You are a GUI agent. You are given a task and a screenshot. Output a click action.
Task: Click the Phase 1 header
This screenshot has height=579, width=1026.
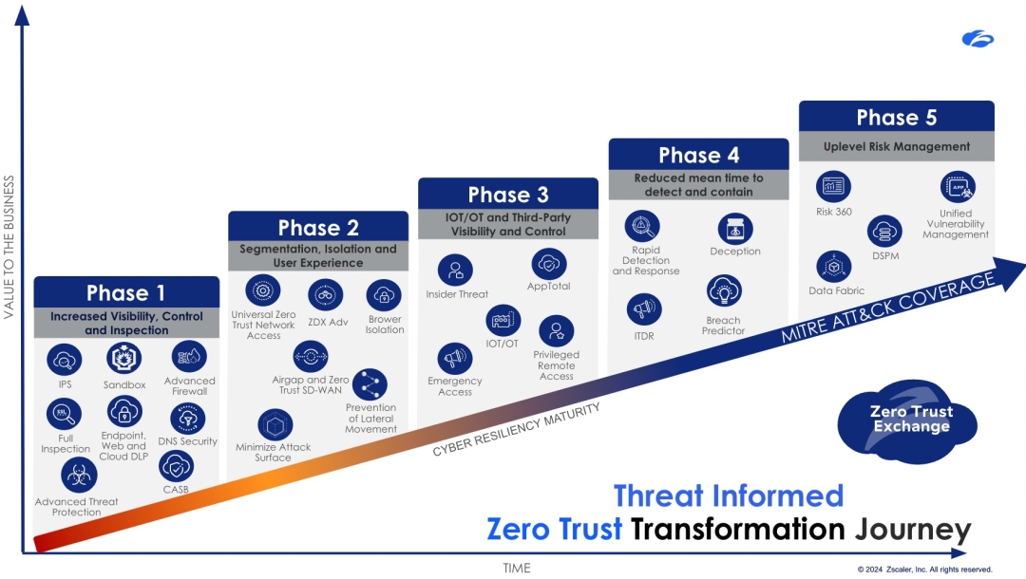pyautogui.click(x=126, y=292)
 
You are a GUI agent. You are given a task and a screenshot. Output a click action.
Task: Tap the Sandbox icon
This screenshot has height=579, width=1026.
pyautogui.click(x=123, y=358)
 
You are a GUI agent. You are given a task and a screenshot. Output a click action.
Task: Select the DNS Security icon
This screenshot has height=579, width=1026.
pyautogui.click(x=188, y=419)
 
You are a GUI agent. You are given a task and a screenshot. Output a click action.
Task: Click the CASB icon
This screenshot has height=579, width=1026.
pyautogui.click(x=176, y=467)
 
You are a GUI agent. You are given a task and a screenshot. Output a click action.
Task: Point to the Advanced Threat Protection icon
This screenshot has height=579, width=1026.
pyautogui.click(x=79, y=476)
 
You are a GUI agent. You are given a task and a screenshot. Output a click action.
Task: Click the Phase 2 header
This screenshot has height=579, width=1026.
pyautogui.click(x=318, y=227)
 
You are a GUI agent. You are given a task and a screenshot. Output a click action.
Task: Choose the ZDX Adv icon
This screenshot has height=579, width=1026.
pyautogui.click(x=325, y=296)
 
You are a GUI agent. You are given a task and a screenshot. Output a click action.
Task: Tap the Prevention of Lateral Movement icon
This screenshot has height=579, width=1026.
pyautogui.click(x=370, y=385)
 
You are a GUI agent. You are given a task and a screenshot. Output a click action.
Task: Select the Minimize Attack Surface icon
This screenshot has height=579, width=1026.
pyautogui.click(x=275, y=425)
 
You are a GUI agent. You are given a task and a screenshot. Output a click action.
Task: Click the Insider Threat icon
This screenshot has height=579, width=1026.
pyautogui.click(x=455, y=271)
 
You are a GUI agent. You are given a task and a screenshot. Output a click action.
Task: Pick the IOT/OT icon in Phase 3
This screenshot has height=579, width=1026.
pyautogui.click(x=503, y=321)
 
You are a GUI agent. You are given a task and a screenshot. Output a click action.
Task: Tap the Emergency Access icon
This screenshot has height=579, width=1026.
pyautogui.click(x=455, y=358)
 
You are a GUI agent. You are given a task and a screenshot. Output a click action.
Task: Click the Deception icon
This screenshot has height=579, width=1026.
pyautogui.click(x=735, y=230)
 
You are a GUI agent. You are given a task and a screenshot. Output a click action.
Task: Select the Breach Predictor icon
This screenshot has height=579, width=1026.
pyautogui.click(x=724, y=291)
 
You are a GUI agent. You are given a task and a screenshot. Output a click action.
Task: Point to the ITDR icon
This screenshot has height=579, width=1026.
pyautogui.click(x=644, y=309)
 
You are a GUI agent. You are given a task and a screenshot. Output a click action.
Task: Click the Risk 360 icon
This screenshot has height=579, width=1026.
pyautogui.click(x=833, y=186)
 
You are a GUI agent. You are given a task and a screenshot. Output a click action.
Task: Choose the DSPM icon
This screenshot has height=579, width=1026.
pyautogui.click(x=884, y=232)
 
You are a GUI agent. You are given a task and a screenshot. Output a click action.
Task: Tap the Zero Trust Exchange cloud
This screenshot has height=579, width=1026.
pyautogui.click(x=907, y=422)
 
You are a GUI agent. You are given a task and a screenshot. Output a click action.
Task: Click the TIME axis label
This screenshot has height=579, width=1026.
pyautogui.click(x=516, y=568)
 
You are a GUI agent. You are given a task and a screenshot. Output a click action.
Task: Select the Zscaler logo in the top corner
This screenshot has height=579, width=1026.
pyautogui.click(x=978, y=39)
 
